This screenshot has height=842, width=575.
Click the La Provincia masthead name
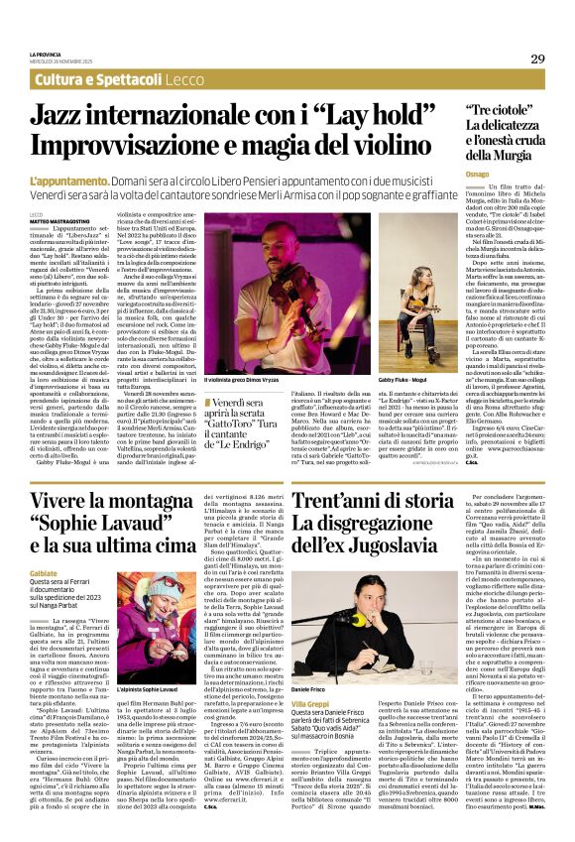pyautogui.click(x=45, y=53)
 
